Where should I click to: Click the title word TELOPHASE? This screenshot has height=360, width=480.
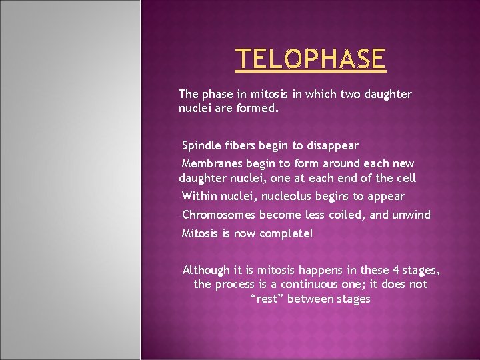pos(311,59)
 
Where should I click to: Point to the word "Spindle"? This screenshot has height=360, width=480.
pos(201,145)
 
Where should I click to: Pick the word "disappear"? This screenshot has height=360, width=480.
pos(333,145)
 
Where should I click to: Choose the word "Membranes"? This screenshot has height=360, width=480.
pos(212,163)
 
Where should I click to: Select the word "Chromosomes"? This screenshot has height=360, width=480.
pos(218,215)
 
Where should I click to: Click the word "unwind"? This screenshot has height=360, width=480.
pos(411,215)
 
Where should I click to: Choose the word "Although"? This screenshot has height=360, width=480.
pos(206,270)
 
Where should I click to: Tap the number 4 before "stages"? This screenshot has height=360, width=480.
pos(395,270)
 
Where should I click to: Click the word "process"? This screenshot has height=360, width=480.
pos(233,285)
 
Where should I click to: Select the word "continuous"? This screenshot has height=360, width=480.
pos(303,285)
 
